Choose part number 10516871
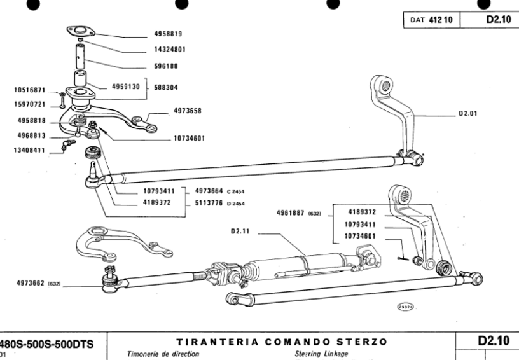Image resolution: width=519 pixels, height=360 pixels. click(30, 90)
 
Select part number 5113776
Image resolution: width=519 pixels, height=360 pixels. click(210, 204)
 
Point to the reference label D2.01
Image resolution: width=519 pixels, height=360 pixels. click(468, 115)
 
